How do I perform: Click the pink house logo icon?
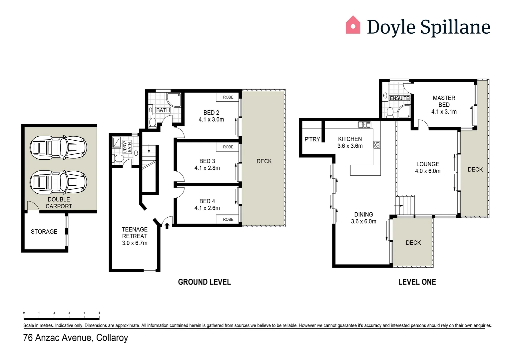coord(353,25)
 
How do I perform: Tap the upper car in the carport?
coord(58,147)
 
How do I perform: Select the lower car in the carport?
coord(58,182)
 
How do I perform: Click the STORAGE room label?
coord(44,232)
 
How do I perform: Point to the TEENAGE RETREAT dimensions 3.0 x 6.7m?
coord(135,243)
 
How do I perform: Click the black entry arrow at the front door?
coord(167,226)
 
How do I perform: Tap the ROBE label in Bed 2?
coord(228,97)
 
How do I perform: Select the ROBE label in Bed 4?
coord(228,219)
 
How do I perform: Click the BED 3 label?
coord(207,161)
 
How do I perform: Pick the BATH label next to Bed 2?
coord(163,110)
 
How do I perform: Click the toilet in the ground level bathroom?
coord(153,122)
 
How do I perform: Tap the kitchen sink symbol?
coord(364,125)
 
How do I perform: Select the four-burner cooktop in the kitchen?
coord(377,145)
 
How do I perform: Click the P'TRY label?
coord(312,139)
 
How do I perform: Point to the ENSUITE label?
coord(399,98)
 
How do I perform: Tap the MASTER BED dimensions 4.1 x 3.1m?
coord(444,112)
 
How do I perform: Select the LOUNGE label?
coord(428,164)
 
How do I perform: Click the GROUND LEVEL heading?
coord(204,282)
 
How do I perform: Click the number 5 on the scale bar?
coord(99,313)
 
